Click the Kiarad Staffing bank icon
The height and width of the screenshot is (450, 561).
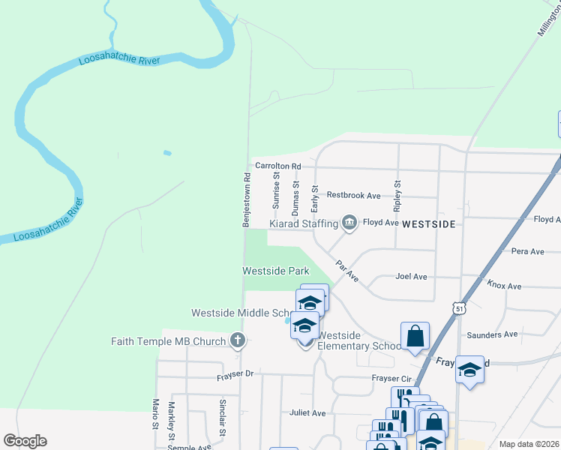point(349,223)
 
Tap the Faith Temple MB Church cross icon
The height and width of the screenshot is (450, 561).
point(238,341)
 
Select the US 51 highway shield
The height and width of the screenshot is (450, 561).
point(459,308)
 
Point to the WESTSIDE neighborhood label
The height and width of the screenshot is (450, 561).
point(429,223)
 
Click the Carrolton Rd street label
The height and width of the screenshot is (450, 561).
point(277,166)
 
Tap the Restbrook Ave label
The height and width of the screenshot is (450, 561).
point(354,195)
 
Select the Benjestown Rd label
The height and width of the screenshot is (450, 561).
point(245,200)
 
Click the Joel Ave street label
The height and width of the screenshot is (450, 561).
point(411,277)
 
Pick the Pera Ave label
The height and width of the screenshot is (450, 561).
point(526,251)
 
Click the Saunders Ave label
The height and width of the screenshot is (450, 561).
point(492,334)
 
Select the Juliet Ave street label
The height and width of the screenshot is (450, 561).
point(307,412)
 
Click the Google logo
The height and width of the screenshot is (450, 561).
point(25,441)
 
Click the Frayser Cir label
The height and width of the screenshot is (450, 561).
point(392,379)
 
